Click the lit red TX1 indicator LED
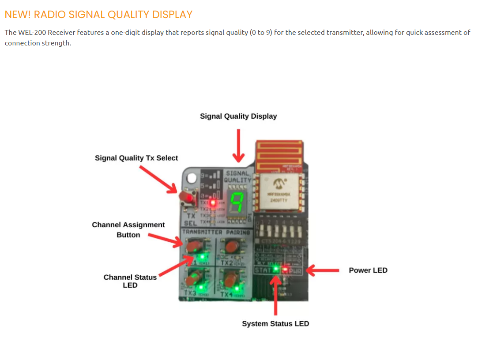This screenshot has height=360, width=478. click(213, 203)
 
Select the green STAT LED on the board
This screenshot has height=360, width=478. click(276, 268)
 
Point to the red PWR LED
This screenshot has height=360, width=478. click(285, 269)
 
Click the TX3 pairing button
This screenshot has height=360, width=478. click(192, 280)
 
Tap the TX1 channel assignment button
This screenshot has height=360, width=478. click(192, 246)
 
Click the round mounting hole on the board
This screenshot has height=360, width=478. click(192, 179)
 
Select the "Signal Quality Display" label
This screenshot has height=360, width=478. click(238, 116)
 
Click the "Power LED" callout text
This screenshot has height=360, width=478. click(368, 270)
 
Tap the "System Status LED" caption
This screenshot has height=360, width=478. click(275, 324)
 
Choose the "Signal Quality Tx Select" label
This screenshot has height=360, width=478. click(136, 158)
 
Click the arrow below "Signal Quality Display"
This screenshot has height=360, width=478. click(238, 145)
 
